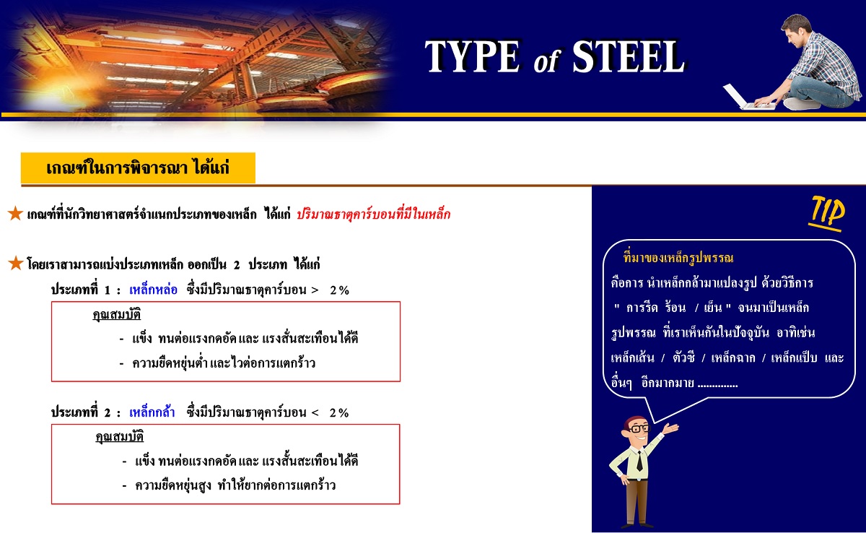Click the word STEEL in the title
point(629,56)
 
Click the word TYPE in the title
point(473,56)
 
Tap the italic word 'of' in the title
point(546,61)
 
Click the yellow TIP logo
point(826,213)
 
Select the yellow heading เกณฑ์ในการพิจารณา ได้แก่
point(138,168)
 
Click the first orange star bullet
point(15,213)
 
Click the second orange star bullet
point(15,263)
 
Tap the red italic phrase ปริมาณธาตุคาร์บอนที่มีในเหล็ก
point(374,214)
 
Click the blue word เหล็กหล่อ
point(153,290)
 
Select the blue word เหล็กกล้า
point(152,412)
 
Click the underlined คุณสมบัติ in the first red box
point(116,314)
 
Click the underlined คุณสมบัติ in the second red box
point(120,437)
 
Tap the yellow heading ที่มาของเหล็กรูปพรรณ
point(678,258)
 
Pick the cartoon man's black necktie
point(639,460)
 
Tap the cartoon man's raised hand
point(670,428)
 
